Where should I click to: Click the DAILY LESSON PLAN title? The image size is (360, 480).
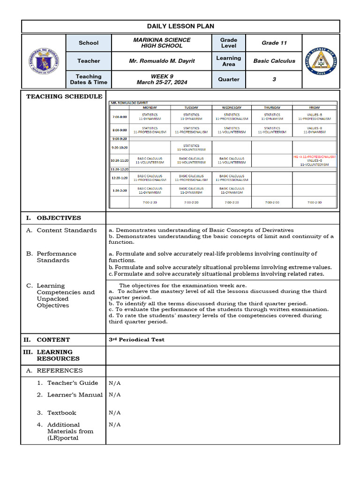[x=180, y=26]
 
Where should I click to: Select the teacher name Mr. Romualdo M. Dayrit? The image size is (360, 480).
[x=162, y=61]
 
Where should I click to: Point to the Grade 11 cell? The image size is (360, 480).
[x=274, y=43]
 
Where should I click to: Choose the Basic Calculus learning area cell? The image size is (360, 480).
[x=274, y=61]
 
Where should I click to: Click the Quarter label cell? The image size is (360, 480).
[x=229, y=79]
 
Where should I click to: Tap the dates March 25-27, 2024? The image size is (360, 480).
[x=162, y=82]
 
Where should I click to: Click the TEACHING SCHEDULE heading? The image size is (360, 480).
[x=64, y=97]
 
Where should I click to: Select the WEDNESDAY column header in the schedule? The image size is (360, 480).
[x=232, y=107]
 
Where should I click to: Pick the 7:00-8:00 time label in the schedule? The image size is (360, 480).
[x=119, y=117]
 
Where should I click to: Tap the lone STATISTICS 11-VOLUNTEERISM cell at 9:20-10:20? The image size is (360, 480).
[x=191, y=148]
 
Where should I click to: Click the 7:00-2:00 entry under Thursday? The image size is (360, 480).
[x=272, y=202]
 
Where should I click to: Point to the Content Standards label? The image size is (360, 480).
[x=67, y=230]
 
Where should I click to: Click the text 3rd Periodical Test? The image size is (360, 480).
[x=136, y=340]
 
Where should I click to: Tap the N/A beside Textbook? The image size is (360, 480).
[x=115, y=413]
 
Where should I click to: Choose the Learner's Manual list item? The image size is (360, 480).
[x=75, y=395]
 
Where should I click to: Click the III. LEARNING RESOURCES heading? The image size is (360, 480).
[x=54, y=355]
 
